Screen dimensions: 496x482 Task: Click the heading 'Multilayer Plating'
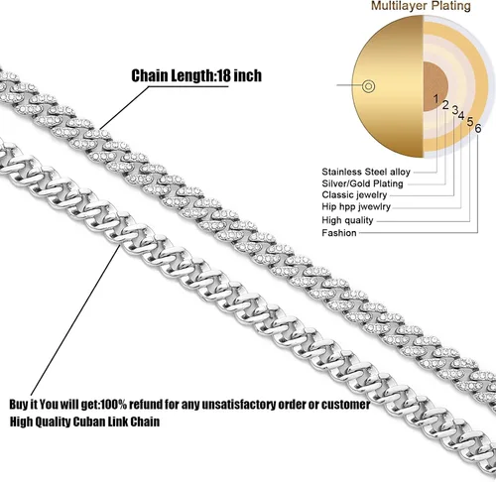(x=421, y=6)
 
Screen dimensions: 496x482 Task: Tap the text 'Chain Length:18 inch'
(x=196, y=75)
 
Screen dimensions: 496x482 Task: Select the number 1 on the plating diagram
(x=435, y=98)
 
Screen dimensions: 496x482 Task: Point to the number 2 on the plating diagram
(x=445, y=105)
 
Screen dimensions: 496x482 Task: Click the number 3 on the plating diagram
(x=455, y=110)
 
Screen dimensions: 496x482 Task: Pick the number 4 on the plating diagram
(x=461, y=115)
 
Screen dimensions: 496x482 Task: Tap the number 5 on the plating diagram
(x=470, y=121)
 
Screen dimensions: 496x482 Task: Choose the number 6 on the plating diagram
(x=478, y=128)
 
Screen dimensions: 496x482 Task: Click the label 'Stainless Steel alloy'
(x=366, y=172)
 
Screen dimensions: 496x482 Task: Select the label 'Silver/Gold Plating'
(x=362, y=183)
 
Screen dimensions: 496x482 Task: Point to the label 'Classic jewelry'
(x=354, y=195)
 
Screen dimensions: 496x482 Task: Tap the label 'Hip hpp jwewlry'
(x=356, y=206)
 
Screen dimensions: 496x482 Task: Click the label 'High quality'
(x=347, y=220)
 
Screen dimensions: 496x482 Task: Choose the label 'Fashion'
(x=339, y=233)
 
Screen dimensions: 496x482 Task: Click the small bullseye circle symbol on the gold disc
(x=368, y=86)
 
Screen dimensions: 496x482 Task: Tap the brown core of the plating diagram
(x=434, y=86)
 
